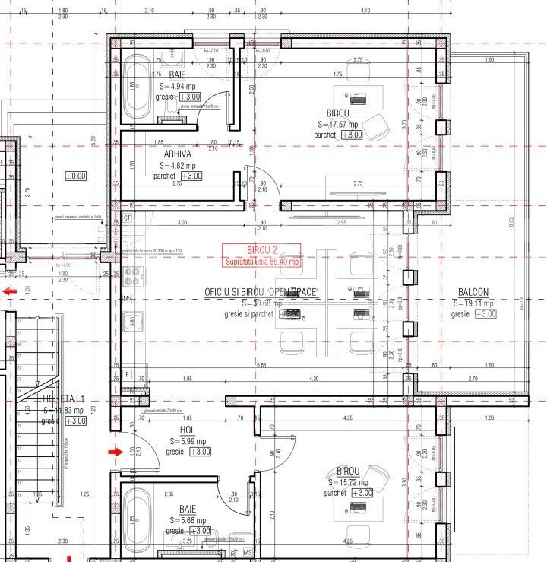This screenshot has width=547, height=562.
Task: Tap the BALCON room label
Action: click(473, 292)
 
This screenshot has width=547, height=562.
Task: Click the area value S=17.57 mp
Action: click(341, 124)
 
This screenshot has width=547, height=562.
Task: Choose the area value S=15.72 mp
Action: click(347, 482)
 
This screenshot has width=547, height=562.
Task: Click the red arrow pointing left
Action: click(10, 291)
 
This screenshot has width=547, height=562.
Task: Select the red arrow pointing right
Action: click(115, 452)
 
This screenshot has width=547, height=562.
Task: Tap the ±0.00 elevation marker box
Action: click(76, 176)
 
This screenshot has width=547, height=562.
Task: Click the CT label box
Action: click(127, 218)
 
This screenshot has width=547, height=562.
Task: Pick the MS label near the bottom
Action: click(247, 551)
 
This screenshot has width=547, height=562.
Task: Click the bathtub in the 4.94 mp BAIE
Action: click(138, 88)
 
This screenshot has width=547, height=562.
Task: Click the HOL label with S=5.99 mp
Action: click(187, 430)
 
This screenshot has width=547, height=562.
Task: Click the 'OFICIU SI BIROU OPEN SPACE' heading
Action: click(261, 292)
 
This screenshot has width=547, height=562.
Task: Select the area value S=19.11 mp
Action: click(473, 303)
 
